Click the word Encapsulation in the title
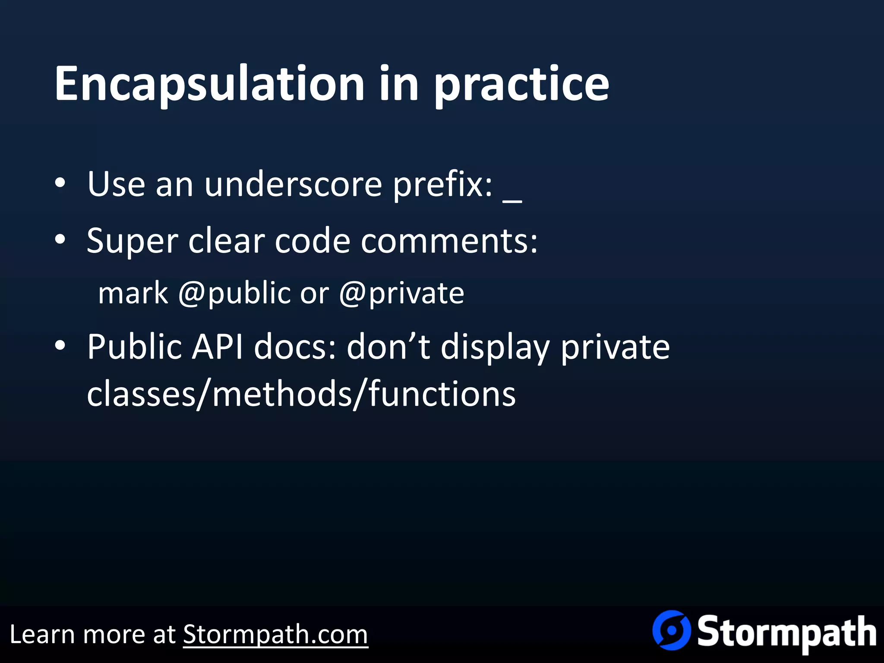pos(209,84)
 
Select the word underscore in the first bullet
pos(293,185)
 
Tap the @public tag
pos(234,294)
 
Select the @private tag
pos(401,294)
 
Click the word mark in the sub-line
pos(133,294)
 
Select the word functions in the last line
pos(442,394)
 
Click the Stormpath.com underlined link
pos(275,635)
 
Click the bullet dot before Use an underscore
pos(60,183)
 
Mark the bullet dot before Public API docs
pos(60,346)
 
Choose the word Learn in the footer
pos(41,635)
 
